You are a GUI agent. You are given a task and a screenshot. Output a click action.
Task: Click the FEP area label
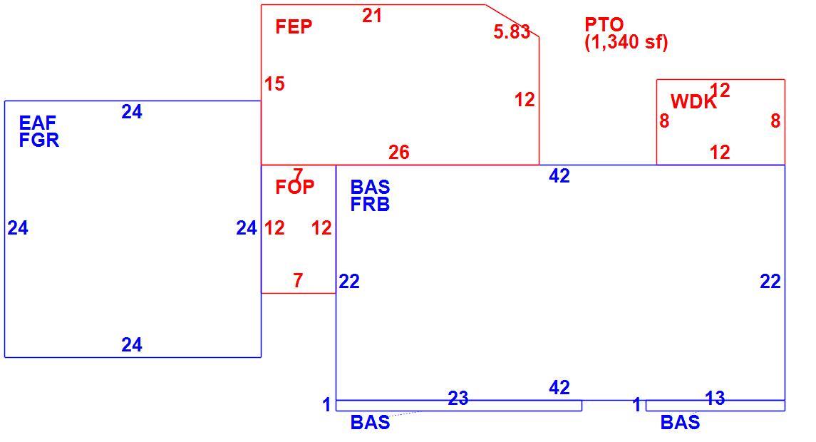(x=294, y=26)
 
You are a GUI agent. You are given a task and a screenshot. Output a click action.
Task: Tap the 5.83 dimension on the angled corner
(x=512, y=32)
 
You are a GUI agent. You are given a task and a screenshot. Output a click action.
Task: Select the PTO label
(x=604, y=24)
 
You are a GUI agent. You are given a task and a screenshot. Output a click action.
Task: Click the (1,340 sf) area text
(x=626, y=41)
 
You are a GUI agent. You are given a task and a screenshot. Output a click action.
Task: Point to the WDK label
(x=693, y=101)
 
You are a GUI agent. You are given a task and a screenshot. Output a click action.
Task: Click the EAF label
(x=37, y=123)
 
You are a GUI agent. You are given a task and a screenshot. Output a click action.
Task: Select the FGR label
(x=39, y=140)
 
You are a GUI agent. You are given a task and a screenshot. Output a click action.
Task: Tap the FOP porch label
(x=294, y=187)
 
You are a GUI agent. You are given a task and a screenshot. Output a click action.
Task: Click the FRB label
(x=370, y=205)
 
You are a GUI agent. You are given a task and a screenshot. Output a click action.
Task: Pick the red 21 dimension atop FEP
(x=372, y=16)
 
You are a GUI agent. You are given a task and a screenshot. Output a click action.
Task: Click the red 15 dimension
(x=274, y=84)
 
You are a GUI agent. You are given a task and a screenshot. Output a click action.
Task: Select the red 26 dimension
(x=398, y=153)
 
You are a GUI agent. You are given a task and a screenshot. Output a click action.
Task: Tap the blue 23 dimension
(x=458, y=399)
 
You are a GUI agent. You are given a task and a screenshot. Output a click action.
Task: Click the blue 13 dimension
(x=715, y=399)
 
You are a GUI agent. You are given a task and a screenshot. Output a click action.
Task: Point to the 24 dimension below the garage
(x=132, y=344)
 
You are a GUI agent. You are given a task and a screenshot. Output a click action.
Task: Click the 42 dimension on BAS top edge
(x=559, y=177)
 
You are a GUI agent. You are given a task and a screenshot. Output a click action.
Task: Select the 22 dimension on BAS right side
(x=770, y=282)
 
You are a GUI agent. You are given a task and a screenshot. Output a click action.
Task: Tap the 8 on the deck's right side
(x=775, y=121)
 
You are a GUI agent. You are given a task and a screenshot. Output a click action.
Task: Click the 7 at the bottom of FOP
(x=298, y=281)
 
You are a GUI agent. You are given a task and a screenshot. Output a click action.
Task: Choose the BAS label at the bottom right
(x=680, y=422)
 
